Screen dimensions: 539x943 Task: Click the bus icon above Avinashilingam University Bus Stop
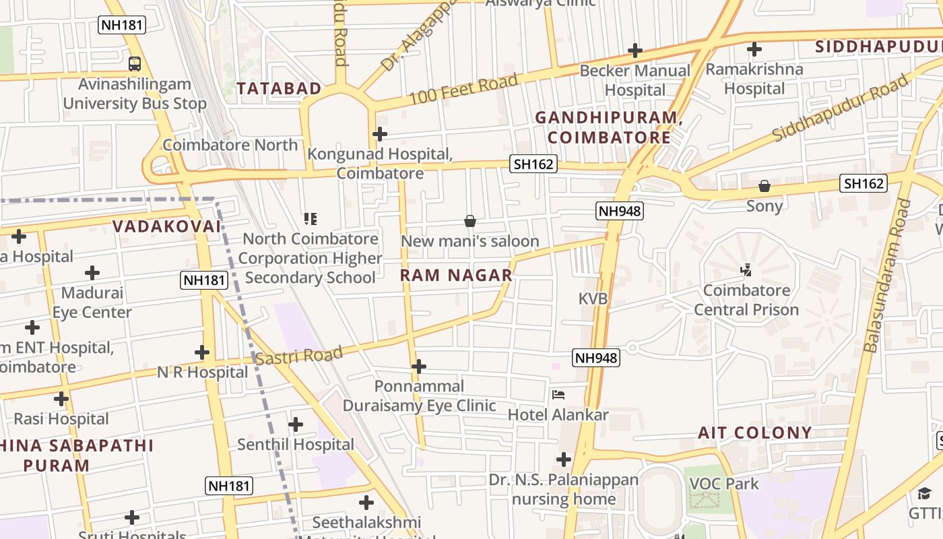135,64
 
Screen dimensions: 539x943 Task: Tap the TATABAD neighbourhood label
279,88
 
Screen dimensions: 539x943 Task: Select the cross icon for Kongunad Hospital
380,134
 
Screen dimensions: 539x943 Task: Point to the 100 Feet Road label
463,89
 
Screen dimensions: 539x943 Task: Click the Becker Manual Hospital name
635,80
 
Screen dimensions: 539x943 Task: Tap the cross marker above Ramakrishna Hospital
754,49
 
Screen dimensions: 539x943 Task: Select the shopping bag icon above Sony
765,186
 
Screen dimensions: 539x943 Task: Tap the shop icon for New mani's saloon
470,221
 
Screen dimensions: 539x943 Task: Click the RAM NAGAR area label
456,275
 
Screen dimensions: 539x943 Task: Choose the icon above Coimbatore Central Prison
746,270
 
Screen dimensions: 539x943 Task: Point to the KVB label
593,298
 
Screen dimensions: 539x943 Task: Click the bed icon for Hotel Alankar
558,395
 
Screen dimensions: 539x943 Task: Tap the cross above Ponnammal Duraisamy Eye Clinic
419,367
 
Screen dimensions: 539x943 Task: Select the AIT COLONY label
754,433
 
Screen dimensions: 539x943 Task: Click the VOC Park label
723,484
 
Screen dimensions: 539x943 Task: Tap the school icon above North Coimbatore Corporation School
311,218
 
